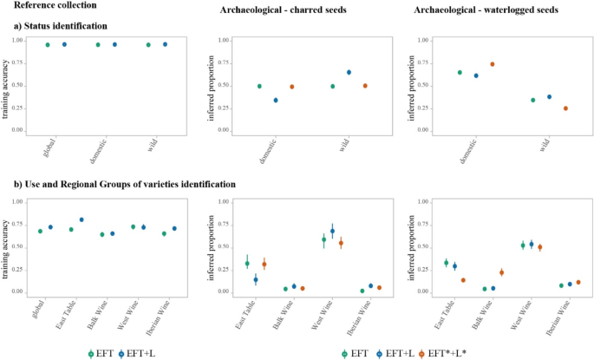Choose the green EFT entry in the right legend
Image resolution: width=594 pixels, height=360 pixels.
355,353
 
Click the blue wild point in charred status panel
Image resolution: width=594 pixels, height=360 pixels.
349,72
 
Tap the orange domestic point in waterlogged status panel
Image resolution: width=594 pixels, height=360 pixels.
492,64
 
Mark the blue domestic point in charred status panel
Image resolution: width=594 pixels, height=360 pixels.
276,100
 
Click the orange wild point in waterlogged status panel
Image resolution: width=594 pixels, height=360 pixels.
565,108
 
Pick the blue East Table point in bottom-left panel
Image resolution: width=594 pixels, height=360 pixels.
82,219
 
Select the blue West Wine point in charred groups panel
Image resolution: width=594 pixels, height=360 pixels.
332,231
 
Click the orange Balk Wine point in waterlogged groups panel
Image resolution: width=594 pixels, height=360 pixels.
501,272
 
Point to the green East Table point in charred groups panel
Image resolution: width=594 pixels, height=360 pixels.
247,264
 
